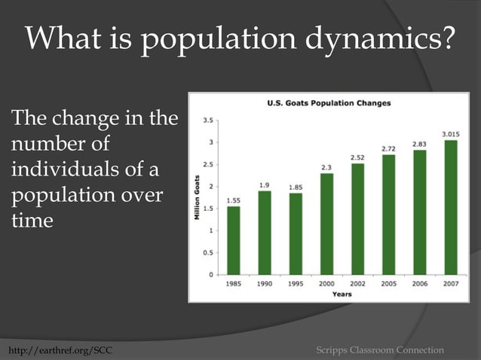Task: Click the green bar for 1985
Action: tap(234, 240)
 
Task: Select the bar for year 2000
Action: tap(326, 224)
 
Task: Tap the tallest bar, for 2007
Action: tap(451, 207)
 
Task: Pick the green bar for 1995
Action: tap(296, 233)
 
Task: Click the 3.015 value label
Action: tap(451, 134)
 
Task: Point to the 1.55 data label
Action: tap(234, 200)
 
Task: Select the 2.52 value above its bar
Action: tap(358, 157)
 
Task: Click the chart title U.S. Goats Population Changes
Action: tap(329, 103)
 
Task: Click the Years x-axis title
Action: tap(342, 294)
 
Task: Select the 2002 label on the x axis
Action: tap(357, 284)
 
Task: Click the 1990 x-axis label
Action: tap(265, 284)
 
